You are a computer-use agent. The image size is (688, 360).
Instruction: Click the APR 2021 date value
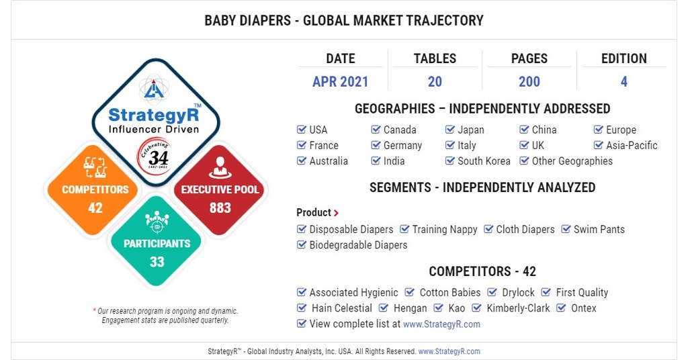click(340, 82)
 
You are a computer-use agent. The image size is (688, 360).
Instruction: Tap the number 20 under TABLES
click(435, 82)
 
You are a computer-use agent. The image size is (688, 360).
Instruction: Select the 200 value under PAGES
click(529, 82)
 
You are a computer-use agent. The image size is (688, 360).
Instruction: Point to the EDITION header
click(623, 58)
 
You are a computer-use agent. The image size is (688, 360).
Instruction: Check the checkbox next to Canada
click(376, 130)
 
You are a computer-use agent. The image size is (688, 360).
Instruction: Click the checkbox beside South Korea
click(450, 161)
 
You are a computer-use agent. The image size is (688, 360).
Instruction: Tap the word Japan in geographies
click(470, 130)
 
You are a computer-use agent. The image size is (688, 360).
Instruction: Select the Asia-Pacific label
click(632, 145)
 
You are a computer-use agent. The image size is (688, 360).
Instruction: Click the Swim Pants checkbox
click(566, 229)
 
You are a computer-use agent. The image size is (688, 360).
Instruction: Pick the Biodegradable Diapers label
click(358, 245)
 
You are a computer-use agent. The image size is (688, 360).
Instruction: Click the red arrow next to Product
click(336, 213)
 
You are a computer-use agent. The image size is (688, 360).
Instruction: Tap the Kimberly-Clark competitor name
click(518, 308)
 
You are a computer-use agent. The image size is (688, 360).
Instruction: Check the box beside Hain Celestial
click(302, 308)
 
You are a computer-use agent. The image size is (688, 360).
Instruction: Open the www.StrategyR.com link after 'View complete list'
click(441, 324)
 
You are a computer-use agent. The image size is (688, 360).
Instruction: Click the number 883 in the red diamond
click(220, 208)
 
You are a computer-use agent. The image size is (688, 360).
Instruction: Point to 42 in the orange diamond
click(95, 208)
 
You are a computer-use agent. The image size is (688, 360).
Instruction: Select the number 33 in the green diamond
click(157, 262)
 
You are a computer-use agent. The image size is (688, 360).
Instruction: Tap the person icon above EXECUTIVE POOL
click(220, 167)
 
